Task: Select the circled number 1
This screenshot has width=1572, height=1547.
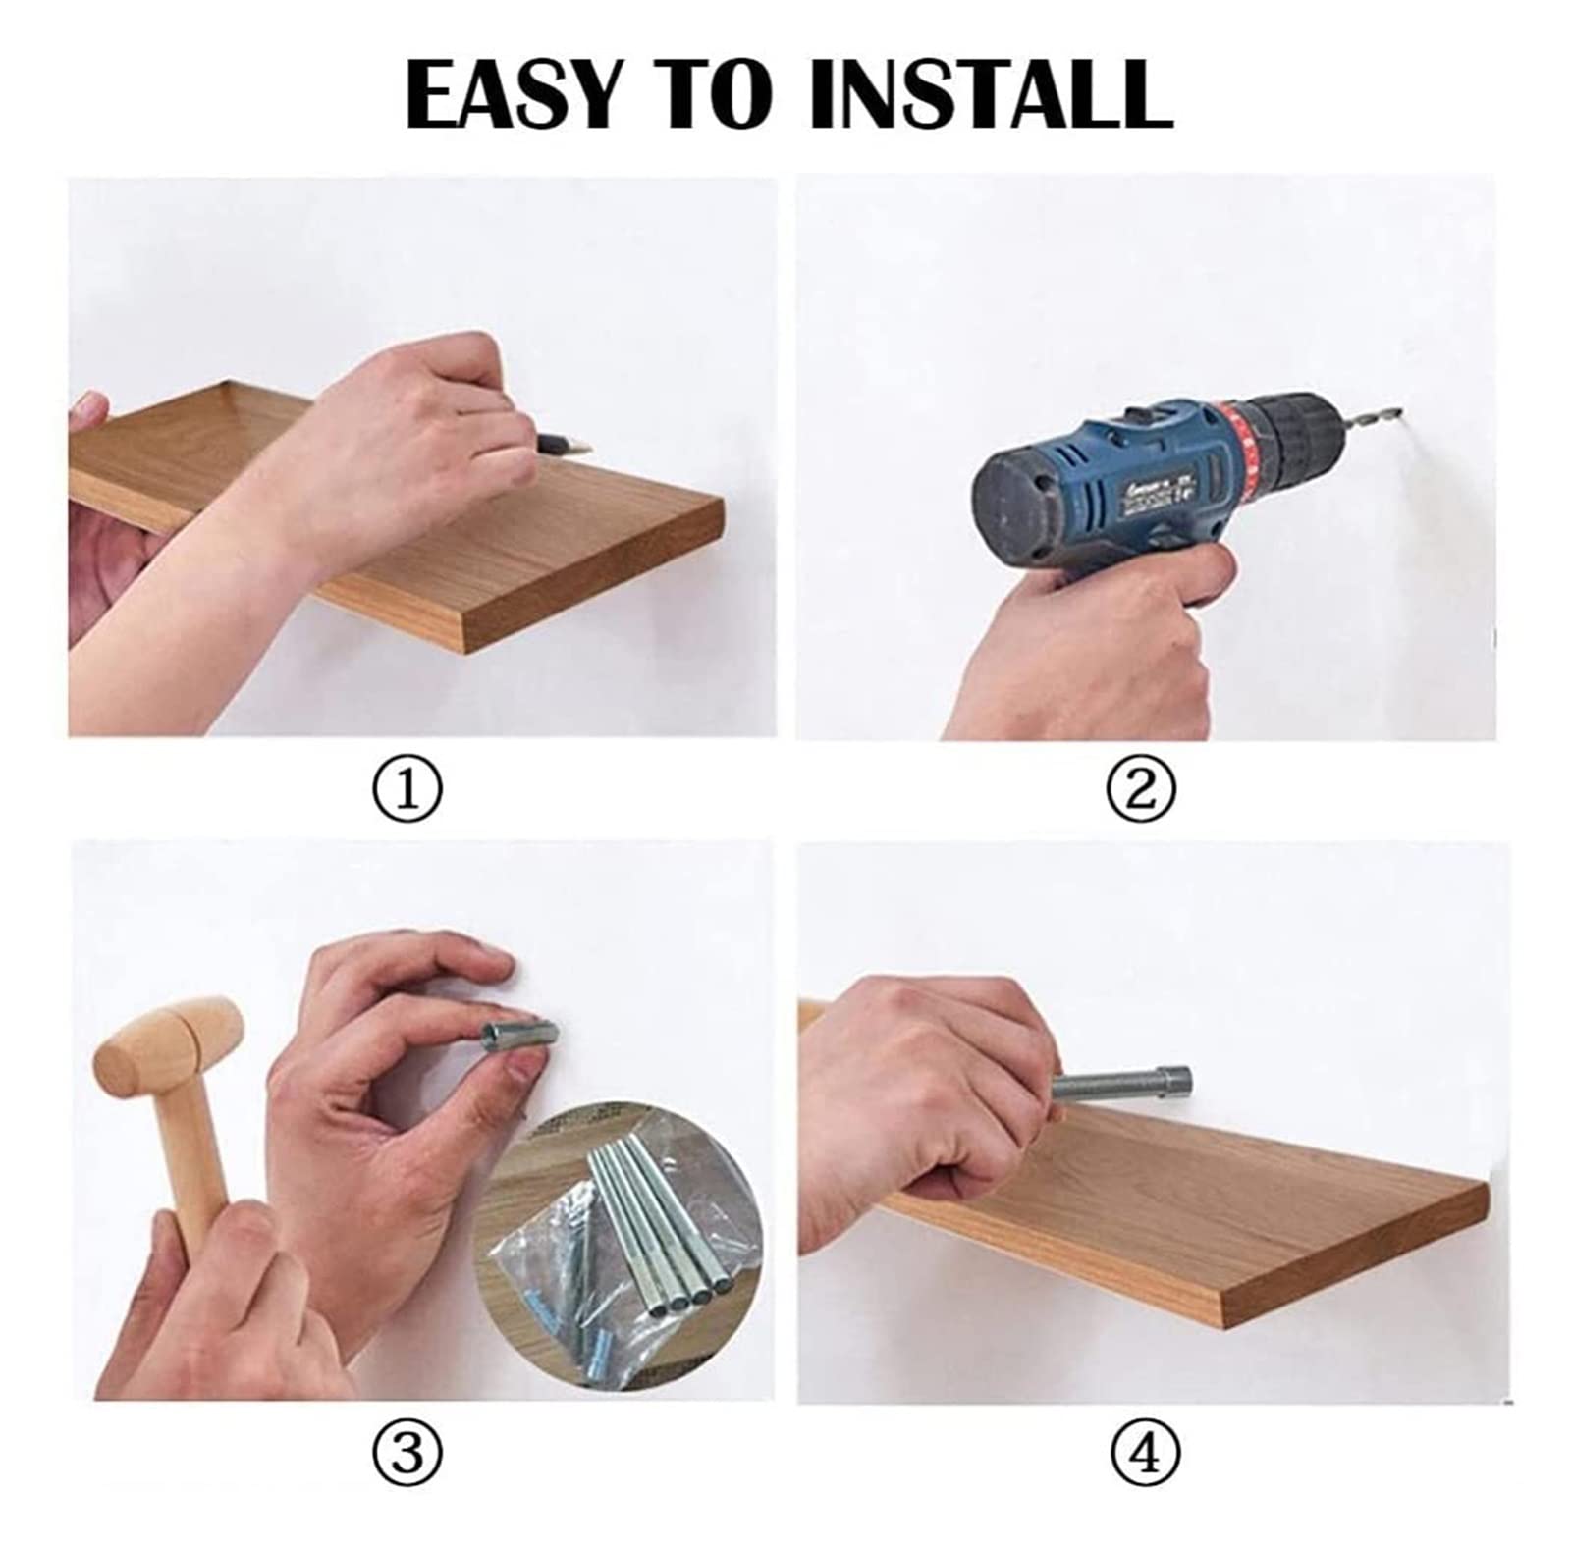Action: point(407,788)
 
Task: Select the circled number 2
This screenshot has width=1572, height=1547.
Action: point(1139,788)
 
